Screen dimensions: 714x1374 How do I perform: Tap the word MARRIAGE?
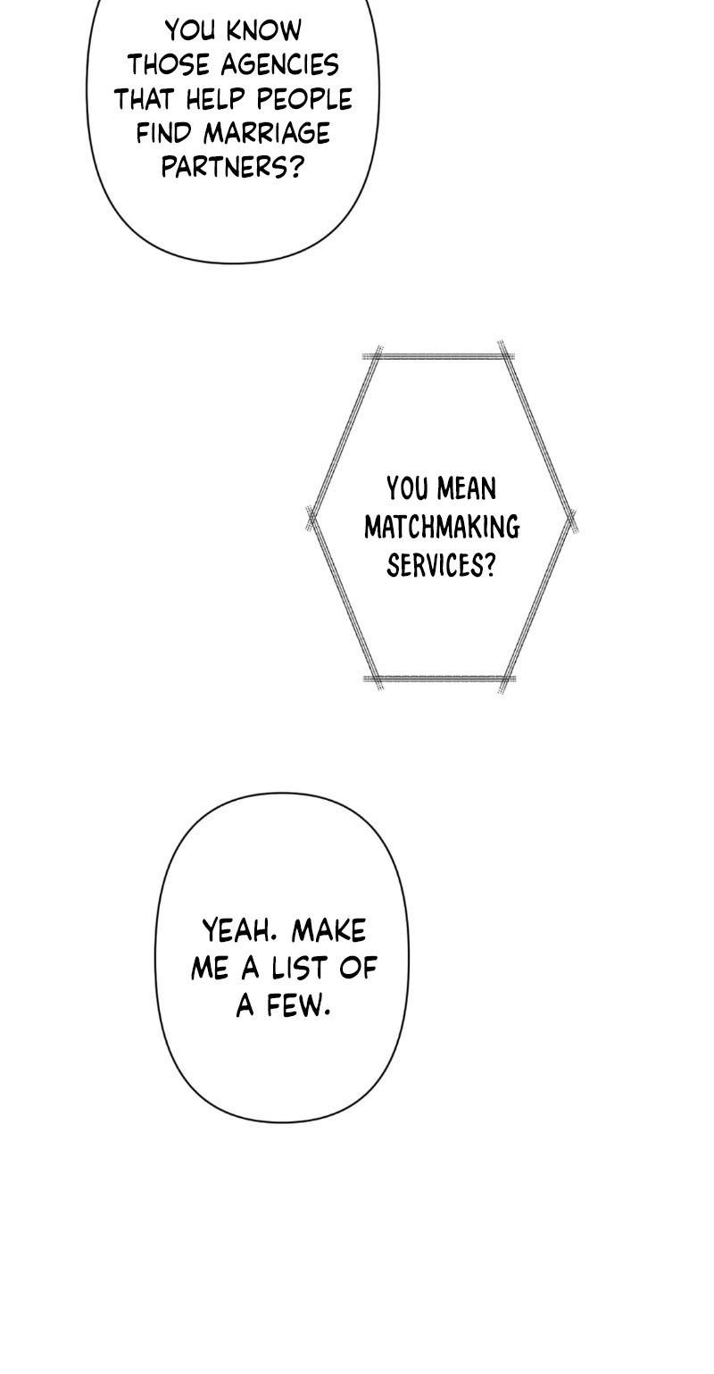click(268, 133)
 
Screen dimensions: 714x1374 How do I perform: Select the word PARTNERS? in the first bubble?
click(232, 167)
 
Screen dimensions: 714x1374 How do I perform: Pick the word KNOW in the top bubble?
click(264, 30)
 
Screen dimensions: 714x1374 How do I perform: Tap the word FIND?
click(165, 133)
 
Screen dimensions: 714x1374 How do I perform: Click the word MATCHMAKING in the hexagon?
click(442, 527)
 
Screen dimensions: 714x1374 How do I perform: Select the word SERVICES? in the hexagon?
click(440, 565)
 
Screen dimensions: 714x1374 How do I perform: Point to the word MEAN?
click(468, 489)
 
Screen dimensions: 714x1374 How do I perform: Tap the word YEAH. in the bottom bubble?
click(237, 930)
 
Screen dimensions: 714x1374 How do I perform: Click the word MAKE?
click(328, 930)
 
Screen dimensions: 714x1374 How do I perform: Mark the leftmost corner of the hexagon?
click(311, 519)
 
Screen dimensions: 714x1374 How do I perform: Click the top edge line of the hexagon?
click(439, 355)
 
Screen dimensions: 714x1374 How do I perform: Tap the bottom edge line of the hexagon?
click(439, 679)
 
